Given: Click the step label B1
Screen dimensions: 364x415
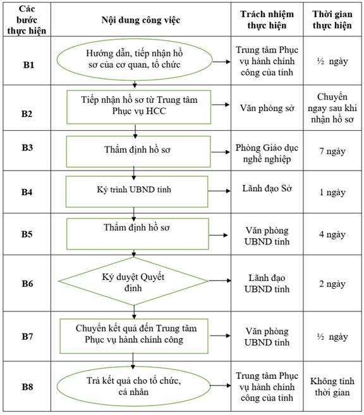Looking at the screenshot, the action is point(28,65).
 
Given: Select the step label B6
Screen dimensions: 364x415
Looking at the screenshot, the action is point(27,284).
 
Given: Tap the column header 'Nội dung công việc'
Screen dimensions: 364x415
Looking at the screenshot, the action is point(140,20).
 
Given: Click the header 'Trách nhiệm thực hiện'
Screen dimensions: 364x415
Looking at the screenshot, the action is point(267,20).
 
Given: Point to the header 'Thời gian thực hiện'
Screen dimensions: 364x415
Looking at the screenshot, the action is point(332,20).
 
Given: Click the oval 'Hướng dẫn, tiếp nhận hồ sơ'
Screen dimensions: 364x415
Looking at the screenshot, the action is point(135,59).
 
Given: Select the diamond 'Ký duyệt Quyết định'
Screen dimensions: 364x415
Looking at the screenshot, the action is point(133,281).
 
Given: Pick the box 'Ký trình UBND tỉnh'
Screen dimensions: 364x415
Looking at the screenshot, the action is point(136,191).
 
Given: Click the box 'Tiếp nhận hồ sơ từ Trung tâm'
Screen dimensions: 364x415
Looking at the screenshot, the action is point(139,107).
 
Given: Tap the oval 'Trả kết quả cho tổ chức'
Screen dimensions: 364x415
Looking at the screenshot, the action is point(133,386).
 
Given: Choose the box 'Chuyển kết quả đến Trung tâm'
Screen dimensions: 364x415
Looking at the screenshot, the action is point(134,336).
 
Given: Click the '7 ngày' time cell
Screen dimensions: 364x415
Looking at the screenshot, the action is point(332,152).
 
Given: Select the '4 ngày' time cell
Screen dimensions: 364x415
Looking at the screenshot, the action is point(332,234).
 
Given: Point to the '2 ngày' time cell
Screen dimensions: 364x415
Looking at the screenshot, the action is point(332,284).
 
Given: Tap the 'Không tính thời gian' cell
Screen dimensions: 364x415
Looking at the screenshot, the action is point(332,387).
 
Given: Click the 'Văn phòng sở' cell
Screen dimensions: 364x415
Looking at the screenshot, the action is point(267,108).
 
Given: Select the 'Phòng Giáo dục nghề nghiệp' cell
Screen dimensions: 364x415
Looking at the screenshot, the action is point(267,153).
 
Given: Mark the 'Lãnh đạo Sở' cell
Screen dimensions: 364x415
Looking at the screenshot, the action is point(267,188).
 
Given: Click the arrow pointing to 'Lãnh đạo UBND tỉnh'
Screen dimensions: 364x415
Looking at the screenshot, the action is point(220,280).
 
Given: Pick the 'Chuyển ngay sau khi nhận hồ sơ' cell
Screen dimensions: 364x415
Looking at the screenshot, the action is point(332,108).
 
